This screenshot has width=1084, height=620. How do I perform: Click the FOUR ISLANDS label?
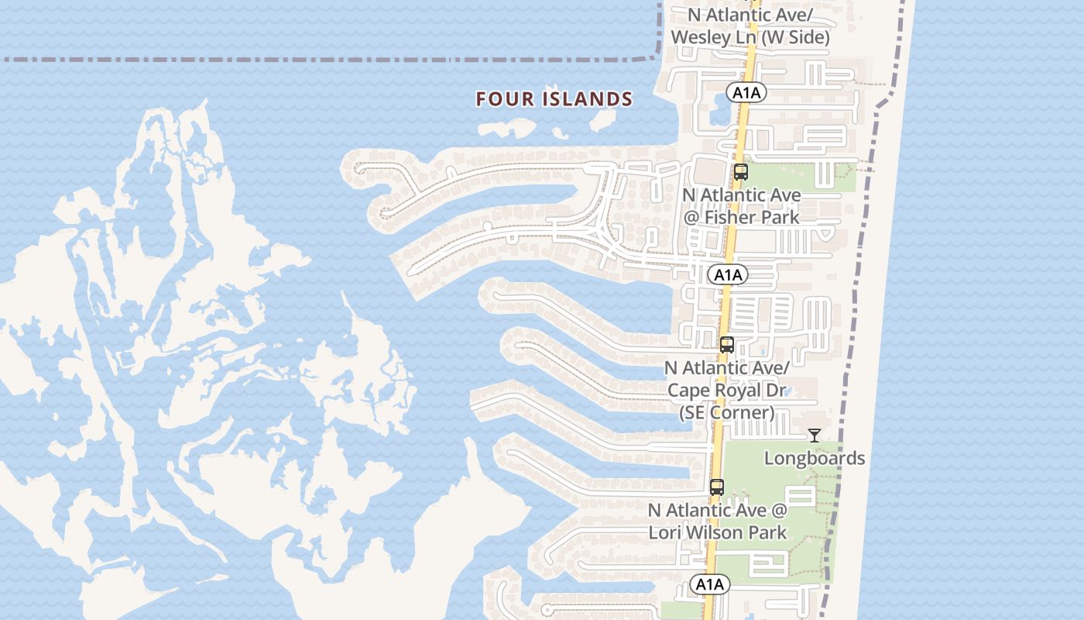tap(554, 99)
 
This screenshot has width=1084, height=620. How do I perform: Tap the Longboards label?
tap(814, 458)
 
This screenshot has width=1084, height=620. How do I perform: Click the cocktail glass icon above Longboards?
tap(814, 436)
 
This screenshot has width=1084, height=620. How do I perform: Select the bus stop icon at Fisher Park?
tap(740, 172)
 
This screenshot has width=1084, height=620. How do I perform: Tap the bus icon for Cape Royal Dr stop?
tap(726, 345)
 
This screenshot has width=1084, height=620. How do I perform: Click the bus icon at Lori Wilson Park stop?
tap(717, 487)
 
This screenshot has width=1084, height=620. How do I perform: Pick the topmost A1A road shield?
tap(746, 93)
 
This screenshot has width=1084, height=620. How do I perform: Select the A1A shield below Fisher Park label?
tap(728, 274)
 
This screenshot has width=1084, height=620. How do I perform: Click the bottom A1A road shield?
tap(709, 584)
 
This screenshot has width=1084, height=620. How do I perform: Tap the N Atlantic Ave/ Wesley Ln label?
tap(750, 26)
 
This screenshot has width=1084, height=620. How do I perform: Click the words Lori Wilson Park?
tap(717, 532)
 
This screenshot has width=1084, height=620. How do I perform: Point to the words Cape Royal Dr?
tap(726, 390)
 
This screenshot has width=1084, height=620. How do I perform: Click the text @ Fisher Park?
tap(741, 217)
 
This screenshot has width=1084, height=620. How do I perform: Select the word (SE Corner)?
tap(726, 412)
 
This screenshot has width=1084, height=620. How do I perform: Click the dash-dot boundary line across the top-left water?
tap(310, 59)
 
